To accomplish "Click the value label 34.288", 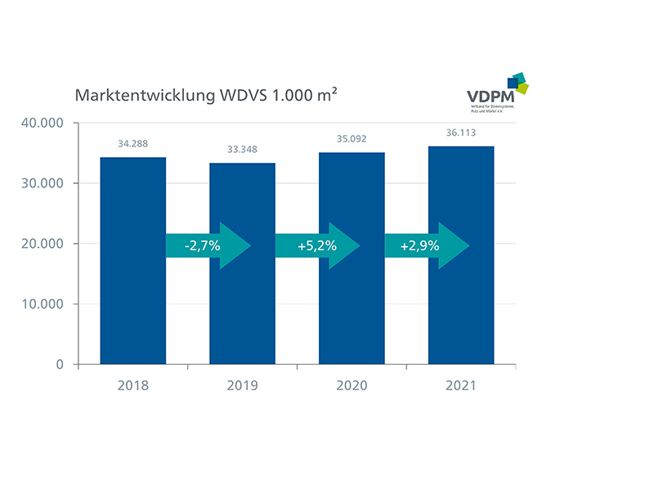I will pos(133,143).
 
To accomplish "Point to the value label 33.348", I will pos(243,150).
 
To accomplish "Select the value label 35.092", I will pos(352,139).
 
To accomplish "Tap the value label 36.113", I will pos(461,133).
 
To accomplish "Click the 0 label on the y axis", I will pos(60,364).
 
